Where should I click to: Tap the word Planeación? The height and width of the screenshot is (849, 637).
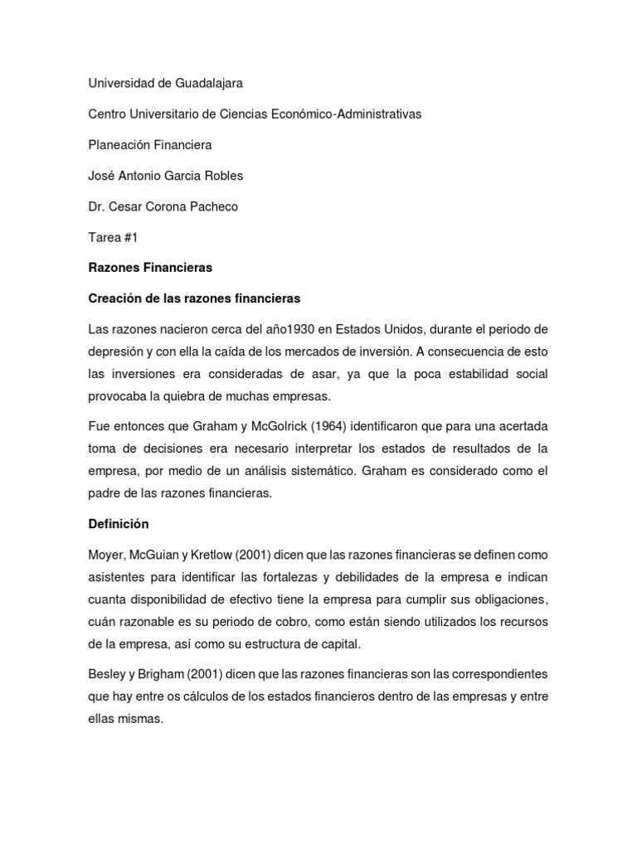(119, 144)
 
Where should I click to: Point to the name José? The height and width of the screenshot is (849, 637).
(101, 175)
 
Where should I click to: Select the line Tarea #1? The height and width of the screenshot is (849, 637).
(112, 237)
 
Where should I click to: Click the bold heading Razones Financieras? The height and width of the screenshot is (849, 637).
(150, 267)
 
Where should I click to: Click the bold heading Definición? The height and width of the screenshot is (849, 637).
(119, 524)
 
